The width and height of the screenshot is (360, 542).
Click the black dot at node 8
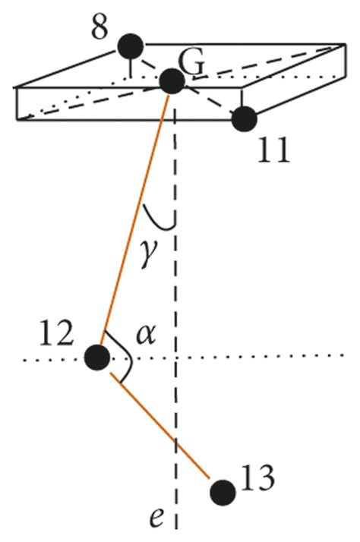(x=131, y=46)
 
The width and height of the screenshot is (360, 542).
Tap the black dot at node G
(x=172, y=81)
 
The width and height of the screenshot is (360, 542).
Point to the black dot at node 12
(x=96, y=356)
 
